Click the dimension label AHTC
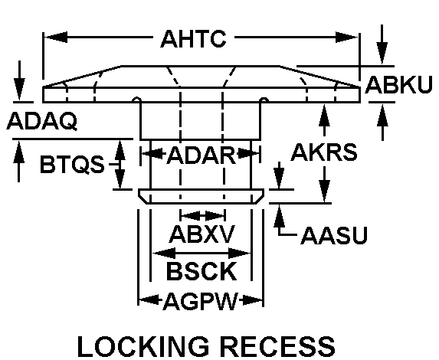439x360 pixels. (194, 38)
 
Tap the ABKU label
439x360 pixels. (398, 85)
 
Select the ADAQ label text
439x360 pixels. (42, 121)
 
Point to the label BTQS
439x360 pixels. (72, 164)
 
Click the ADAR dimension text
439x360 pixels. (201, 155)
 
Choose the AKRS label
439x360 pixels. (324, 152)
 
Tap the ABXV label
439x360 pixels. (201, 234)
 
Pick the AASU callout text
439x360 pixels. (334, 236)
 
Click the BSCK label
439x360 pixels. (201, 270)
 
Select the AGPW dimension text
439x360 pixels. (201, 302)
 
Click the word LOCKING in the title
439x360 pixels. (143, 346)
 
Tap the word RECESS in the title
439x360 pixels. (280, 346)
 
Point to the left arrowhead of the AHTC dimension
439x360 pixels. (56, 38)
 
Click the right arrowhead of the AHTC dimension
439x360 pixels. (346, 38)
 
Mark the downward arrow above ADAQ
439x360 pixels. (19, 80)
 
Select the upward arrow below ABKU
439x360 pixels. (382, 122)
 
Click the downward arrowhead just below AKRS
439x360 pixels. (325, 191)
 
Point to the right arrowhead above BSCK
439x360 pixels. (240, 254)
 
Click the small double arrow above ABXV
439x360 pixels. (203, 216)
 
